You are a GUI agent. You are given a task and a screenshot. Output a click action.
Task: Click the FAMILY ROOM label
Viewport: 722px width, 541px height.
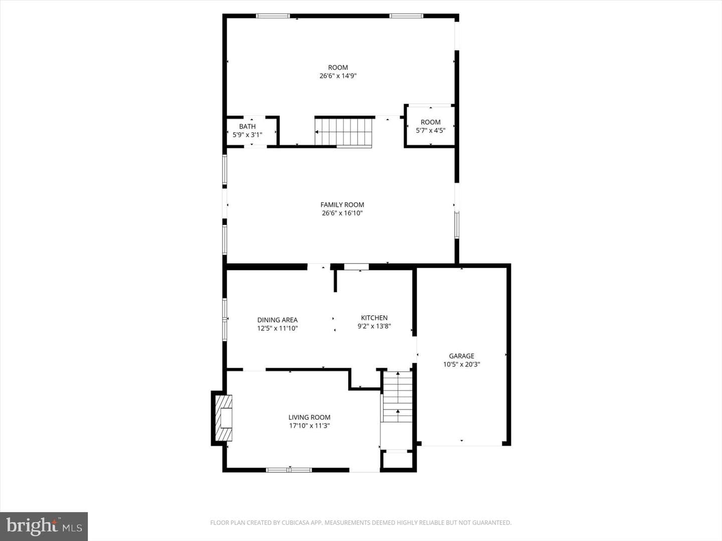pyautogui.click(x=342, y=205)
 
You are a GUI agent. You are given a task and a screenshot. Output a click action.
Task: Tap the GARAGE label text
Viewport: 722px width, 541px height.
pyautogui.click(x=461, y=356)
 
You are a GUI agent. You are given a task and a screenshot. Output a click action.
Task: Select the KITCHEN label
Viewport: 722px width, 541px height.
pyautogui.click(x=375, y=318)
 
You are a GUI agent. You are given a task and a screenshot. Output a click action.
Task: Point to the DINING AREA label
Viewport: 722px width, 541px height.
pyautogui.click(x=277, y=320)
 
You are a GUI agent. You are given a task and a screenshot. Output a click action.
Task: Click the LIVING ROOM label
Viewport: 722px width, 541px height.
pyautogui.click(x=309, y=417)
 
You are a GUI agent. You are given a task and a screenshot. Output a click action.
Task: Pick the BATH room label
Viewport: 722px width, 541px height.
pyautogui.click(x=247, y=126)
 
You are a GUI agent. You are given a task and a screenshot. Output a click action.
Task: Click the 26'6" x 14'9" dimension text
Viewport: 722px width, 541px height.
pyautogui.click(x=338, y=76)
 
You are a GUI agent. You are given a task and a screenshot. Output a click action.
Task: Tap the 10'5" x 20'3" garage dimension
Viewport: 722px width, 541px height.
pyautogui.click(x=461, y=364)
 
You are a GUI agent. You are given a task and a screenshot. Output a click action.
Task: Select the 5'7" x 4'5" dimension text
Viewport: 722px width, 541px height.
pyautogui.click(x=431, y=130)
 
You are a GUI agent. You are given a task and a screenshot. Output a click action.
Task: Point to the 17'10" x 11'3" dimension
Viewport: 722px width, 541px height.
pyautogui.click(x=309, y=426)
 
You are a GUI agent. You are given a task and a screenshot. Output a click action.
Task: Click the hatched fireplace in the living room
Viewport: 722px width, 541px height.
pyautogui.click(x=223, y=418)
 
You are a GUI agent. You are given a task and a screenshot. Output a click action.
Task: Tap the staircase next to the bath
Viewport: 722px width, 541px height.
pyautogui.click(x=343, y=132)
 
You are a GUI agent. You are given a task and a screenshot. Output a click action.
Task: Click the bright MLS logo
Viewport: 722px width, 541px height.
pyautogui.click(x=44, y=526)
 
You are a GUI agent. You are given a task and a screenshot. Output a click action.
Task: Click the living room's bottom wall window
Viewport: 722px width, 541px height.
pyautogui.click(x=289, y=470)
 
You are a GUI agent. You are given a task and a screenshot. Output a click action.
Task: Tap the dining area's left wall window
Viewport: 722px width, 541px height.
pyautogui.click(x=225, y=319)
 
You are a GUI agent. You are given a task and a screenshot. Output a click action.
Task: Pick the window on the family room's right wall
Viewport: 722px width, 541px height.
pyautogui.click(x=457, y=225)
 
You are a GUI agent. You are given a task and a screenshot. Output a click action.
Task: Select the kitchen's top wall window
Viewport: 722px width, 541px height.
pyautogui.click(x=356, y=266)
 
